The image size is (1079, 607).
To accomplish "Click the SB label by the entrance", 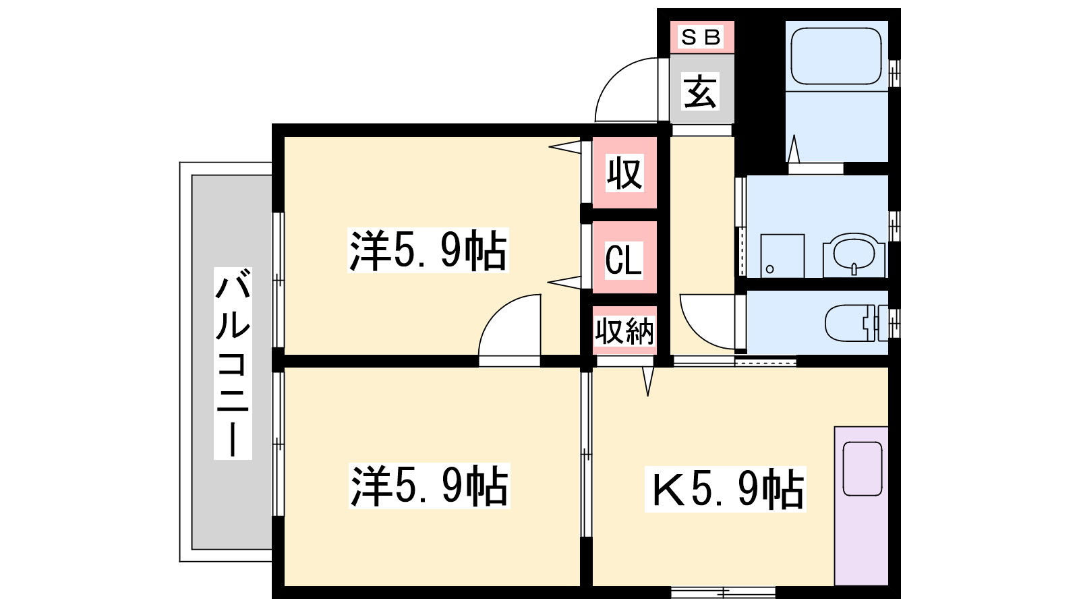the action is [701, 36].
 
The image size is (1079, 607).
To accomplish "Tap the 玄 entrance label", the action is [701, 91].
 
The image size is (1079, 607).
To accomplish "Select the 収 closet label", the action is [624, 173].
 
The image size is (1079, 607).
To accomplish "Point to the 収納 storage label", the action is [624, 331].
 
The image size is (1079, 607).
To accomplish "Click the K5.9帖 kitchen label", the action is [726, 489].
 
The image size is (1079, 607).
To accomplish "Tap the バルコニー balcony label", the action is [233, 364].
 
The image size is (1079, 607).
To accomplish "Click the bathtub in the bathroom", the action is [836, 56].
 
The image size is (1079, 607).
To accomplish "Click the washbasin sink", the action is [854, 255].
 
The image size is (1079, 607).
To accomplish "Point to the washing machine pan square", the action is [782, 256].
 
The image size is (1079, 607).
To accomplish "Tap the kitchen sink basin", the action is [863, 469].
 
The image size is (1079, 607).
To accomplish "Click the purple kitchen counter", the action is [861, 506].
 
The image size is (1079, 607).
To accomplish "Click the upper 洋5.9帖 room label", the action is [428, 250].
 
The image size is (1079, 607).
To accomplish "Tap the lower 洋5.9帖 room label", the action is [429, 486].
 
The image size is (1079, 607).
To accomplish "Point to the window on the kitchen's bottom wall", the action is [723, 592].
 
